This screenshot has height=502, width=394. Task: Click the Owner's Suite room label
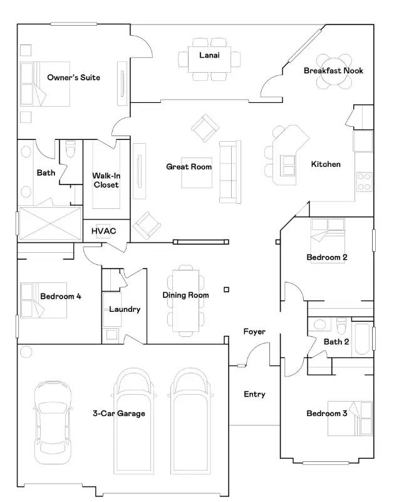tap(73, 78)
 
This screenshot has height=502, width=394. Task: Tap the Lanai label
tap(209, 55)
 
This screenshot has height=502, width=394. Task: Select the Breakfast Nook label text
tap(333, 71)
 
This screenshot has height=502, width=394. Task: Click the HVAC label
tap(103, 231)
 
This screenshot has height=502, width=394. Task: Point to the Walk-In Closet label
tap(106, 180)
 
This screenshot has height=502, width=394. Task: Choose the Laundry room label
tap(125, 309)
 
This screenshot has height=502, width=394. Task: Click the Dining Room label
tap(185, 295)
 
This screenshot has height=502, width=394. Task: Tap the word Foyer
tap(254, 331)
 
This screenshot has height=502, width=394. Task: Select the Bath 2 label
tap(336, 341)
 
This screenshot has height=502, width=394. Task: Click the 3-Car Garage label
tap(119, 414)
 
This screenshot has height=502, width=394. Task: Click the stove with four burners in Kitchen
tap(365, 181)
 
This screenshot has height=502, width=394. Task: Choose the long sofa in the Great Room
tap(230, 171)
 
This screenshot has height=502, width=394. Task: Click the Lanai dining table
tap(209, 59)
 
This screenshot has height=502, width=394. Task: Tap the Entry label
tap(254, 394)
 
